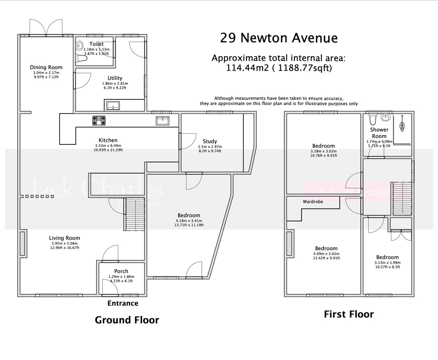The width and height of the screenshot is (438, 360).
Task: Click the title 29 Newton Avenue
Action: point(279,38)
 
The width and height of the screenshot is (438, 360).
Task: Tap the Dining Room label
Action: point(46,67)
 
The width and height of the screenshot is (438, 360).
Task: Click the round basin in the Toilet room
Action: point(80,46)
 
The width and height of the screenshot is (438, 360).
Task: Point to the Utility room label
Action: point(115,78)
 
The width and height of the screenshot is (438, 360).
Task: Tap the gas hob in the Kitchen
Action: point(99,120)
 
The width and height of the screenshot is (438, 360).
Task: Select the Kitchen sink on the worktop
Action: point(162,121)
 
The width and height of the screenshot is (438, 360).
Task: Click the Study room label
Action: point(210,141)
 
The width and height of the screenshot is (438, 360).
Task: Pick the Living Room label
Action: point(64,238)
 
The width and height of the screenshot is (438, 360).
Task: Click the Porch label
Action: point(121,271)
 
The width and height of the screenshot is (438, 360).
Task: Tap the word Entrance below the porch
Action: point(123,303)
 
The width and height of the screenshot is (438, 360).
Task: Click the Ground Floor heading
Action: point(127,320)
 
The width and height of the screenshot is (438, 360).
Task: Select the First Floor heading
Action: point(349,314)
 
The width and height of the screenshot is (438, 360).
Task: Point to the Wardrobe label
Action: point(313,202)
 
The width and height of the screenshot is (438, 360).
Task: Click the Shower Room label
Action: point(379,133)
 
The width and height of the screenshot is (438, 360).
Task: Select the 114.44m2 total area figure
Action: point(247,68)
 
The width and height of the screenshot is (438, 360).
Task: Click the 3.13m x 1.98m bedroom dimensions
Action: point(387,262)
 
